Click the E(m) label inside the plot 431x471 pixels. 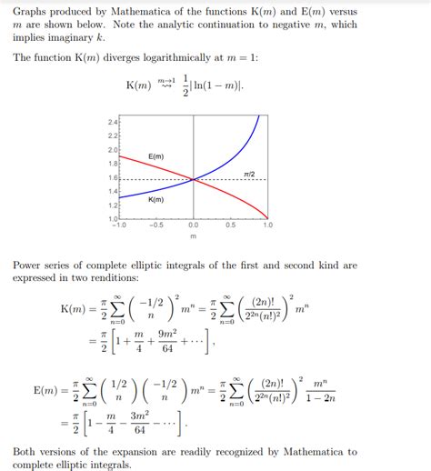(x=155, y=157)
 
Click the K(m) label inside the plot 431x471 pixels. (x=155, y=199)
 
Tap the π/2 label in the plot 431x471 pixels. (x=249, y=173)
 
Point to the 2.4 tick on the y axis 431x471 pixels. (x=114, y=121)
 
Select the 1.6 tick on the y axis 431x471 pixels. (x=114, y=178)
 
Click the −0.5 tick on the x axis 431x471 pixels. (x=156, y=225)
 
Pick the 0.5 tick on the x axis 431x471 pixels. (x=231, y=225)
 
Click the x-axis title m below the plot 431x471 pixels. (x=194, y=235)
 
